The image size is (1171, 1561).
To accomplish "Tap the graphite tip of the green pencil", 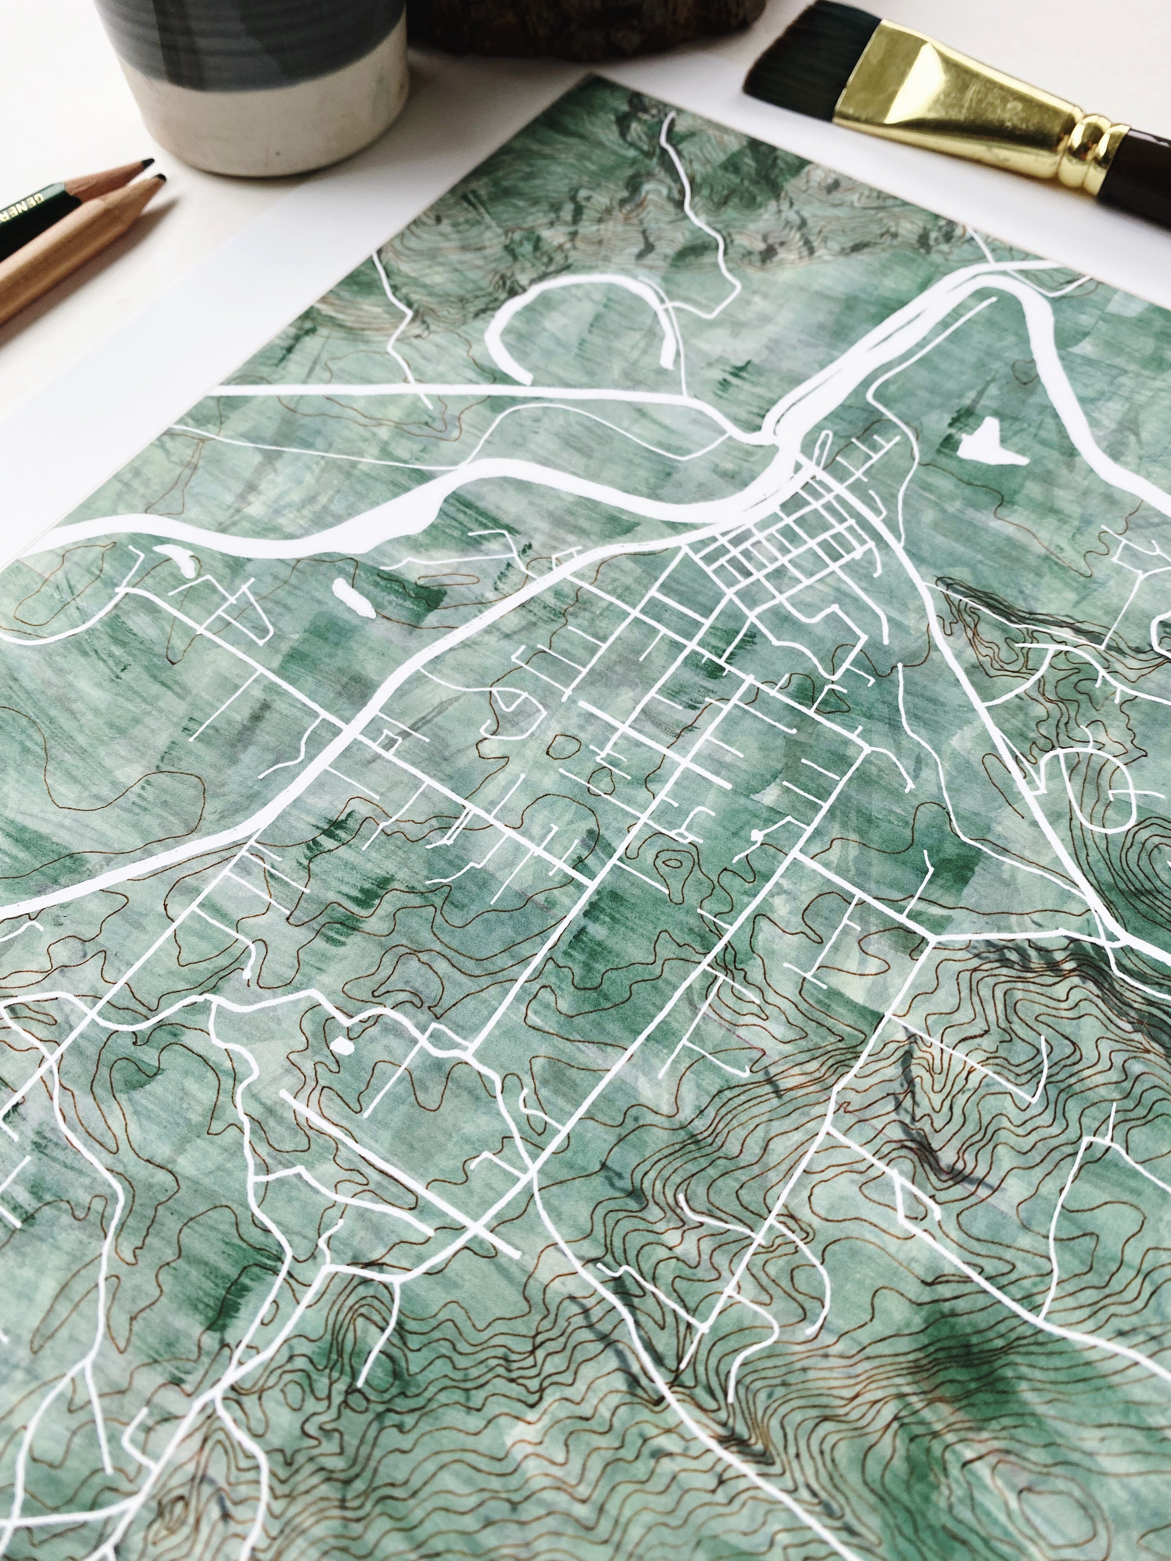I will click(146, 164).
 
